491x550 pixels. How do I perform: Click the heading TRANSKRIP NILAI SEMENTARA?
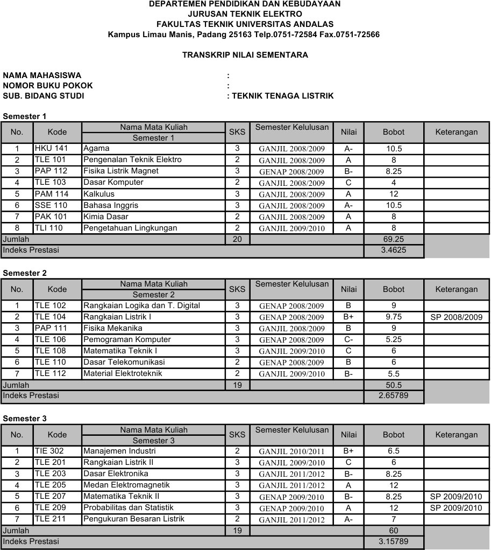245,55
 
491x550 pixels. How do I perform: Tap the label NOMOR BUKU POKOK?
48,86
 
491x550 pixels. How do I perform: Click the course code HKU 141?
50,148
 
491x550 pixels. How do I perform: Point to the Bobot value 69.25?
394,239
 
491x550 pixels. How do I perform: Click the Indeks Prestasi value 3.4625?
394,250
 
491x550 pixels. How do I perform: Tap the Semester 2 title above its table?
25,273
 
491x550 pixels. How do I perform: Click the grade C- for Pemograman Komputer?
348,339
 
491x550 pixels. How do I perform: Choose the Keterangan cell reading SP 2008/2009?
457,317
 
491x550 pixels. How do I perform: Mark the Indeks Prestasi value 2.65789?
394,396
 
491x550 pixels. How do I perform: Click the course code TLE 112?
50,373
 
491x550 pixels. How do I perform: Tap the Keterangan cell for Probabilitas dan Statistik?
457,508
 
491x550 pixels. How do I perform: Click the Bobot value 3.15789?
394,541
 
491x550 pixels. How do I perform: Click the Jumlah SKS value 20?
237,239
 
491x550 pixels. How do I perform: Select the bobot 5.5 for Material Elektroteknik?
394,374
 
